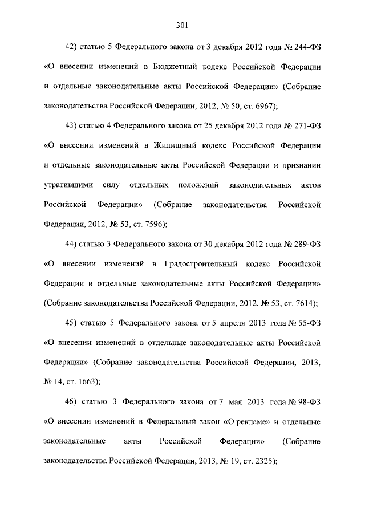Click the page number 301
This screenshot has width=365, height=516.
pos(182,25)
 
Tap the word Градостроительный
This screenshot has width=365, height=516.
pos(199,263)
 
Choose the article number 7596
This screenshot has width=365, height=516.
pos(151,224)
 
